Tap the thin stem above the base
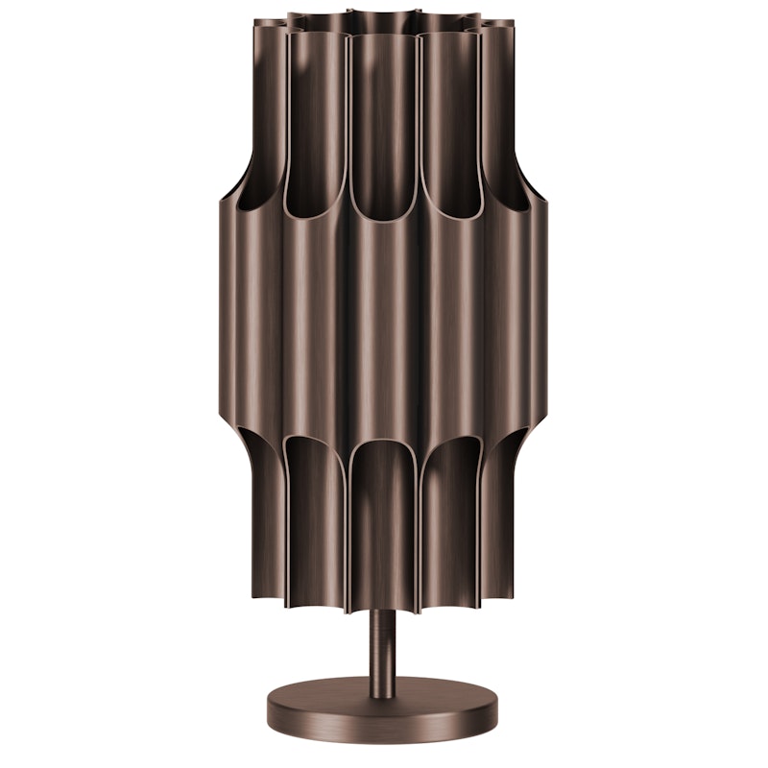382,643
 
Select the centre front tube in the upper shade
383,115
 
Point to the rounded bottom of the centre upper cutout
383,213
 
